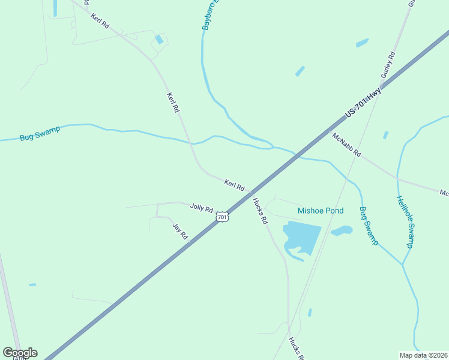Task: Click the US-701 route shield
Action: pyautogui.click(x=223, y=217)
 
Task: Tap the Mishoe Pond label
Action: pyautogui.click(x=321, y=211)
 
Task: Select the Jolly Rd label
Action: pyautogui.click(x=201, y=208)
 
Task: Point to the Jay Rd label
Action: pyautogui.click(x=180, y=232)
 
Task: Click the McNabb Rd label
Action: pyautogui.click(x=346, y=145)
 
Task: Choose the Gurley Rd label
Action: pyautogui.click(x=389, y=66)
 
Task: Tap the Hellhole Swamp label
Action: pyautogui.click(x=405, y=222)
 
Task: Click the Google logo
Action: pyautogui.click(x=20, y=353)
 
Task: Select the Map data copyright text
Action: pyautogui.click(x=423, y=355)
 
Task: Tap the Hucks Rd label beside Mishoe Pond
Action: pyautogui.click(x=260, y=211)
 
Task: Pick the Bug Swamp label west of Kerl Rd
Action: pyautogui.click(x=40, y=133)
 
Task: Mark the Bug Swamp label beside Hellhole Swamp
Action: pyautogui.click(x=369, y=226)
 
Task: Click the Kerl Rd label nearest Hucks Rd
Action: pyautogui.click(x=234, y=185)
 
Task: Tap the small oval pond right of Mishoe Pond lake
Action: pyautogui.click(x=341, y=230)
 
